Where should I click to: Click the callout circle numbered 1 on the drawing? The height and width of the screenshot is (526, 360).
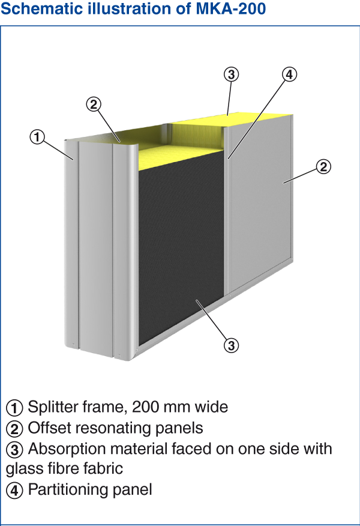pyautogui.click(x=37, y=137)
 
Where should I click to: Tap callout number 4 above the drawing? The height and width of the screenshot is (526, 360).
pyautogui.click(x=289, y=74)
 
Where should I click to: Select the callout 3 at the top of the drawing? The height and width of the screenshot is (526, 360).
pyautogui.click(x=231, y=74)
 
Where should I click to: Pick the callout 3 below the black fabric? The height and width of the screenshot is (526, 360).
pyautogui.click(x=231, y=345)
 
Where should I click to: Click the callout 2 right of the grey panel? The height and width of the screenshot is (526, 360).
pyautogui.click(x=323, y=167)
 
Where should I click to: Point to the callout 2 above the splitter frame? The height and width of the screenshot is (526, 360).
pyautogui.click(x=94, y=104)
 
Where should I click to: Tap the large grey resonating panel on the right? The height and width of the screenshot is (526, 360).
pyautogui.click(x=260, y=201)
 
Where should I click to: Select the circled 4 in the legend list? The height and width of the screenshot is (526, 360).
pyautogui.click(x=14, y=491)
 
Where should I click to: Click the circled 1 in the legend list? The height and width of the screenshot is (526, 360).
pyautogui.click(x=14, y=408)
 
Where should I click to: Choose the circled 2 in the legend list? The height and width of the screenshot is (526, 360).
pyautogui.click(x=14, y=429)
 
